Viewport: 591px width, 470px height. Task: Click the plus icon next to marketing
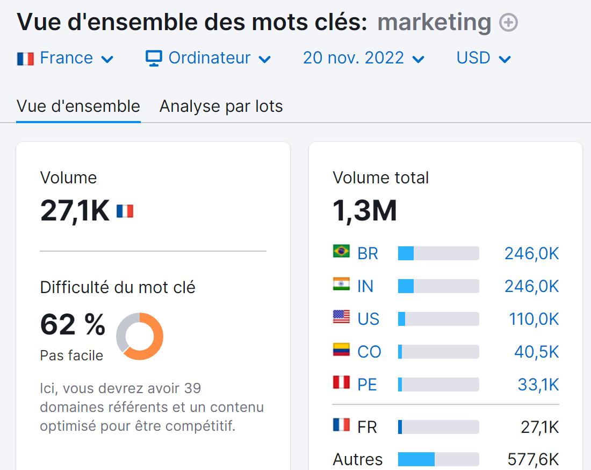click(x=508, y=23)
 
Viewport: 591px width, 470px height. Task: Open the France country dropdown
click(x=66, y=58)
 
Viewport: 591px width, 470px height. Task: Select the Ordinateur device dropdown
click(x=208, y=58)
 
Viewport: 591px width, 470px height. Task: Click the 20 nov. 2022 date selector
click(x=364, y=58)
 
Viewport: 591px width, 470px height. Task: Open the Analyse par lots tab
click(x=221, y=106)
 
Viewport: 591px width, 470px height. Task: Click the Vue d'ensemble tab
click(x=78, y=106)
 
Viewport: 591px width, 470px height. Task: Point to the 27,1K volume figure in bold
click(x=75, y=210)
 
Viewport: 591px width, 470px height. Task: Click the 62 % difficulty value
click(x=73, y=324)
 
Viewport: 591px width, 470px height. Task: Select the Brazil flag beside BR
click(x=341, y=251)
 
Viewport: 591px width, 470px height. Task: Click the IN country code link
click(x=365, y=286)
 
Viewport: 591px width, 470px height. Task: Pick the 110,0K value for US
click(x=534, y=319)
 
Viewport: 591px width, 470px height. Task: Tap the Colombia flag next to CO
click(x=341, y=350)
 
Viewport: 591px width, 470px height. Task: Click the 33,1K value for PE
click(x=538, y=384)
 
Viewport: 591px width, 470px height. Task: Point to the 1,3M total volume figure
click(x=365, y=210)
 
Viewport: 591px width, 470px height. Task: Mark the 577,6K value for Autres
click(x=533, y=460)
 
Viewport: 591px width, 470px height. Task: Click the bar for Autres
click(x=438, y=459)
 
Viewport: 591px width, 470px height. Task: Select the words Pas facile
click(x=71, y=355)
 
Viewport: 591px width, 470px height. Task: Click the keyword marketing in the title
click(x=434, y=23)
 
